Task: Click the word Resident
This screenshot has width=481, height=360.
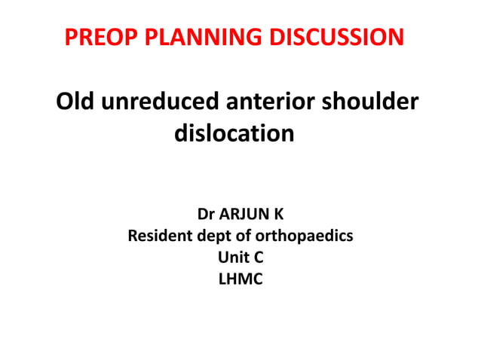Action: tap(160, 236)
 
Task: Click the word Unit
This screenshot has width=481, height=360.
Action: tap(231, 258)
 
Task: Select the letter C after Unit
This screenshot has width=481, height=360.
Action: tap(259, 258)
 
